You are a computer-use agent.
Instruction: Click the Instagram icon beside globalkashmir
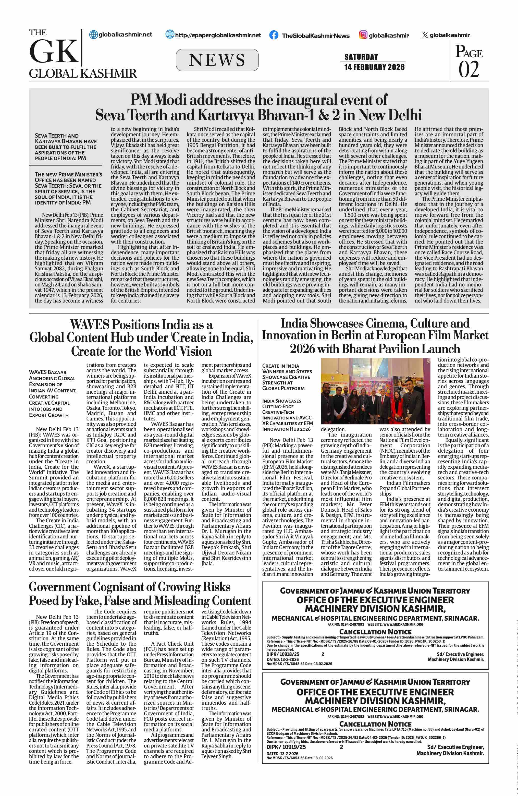(363, 35)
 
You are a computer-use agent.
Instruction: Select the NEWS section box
(217, 60)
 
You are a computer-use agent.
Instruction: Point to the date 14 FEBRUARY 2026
(374, 67)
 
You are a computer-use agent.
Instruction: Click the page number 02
(468, 69)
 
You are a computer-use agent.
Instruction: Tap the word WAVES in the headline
(90, 325)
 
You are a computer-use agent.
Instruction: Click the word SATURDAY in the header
(361, 57)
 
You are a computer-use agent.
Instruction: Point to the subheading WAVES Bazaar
(47, 372)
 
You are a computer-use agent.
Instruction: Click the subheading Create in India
(280, 366)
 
